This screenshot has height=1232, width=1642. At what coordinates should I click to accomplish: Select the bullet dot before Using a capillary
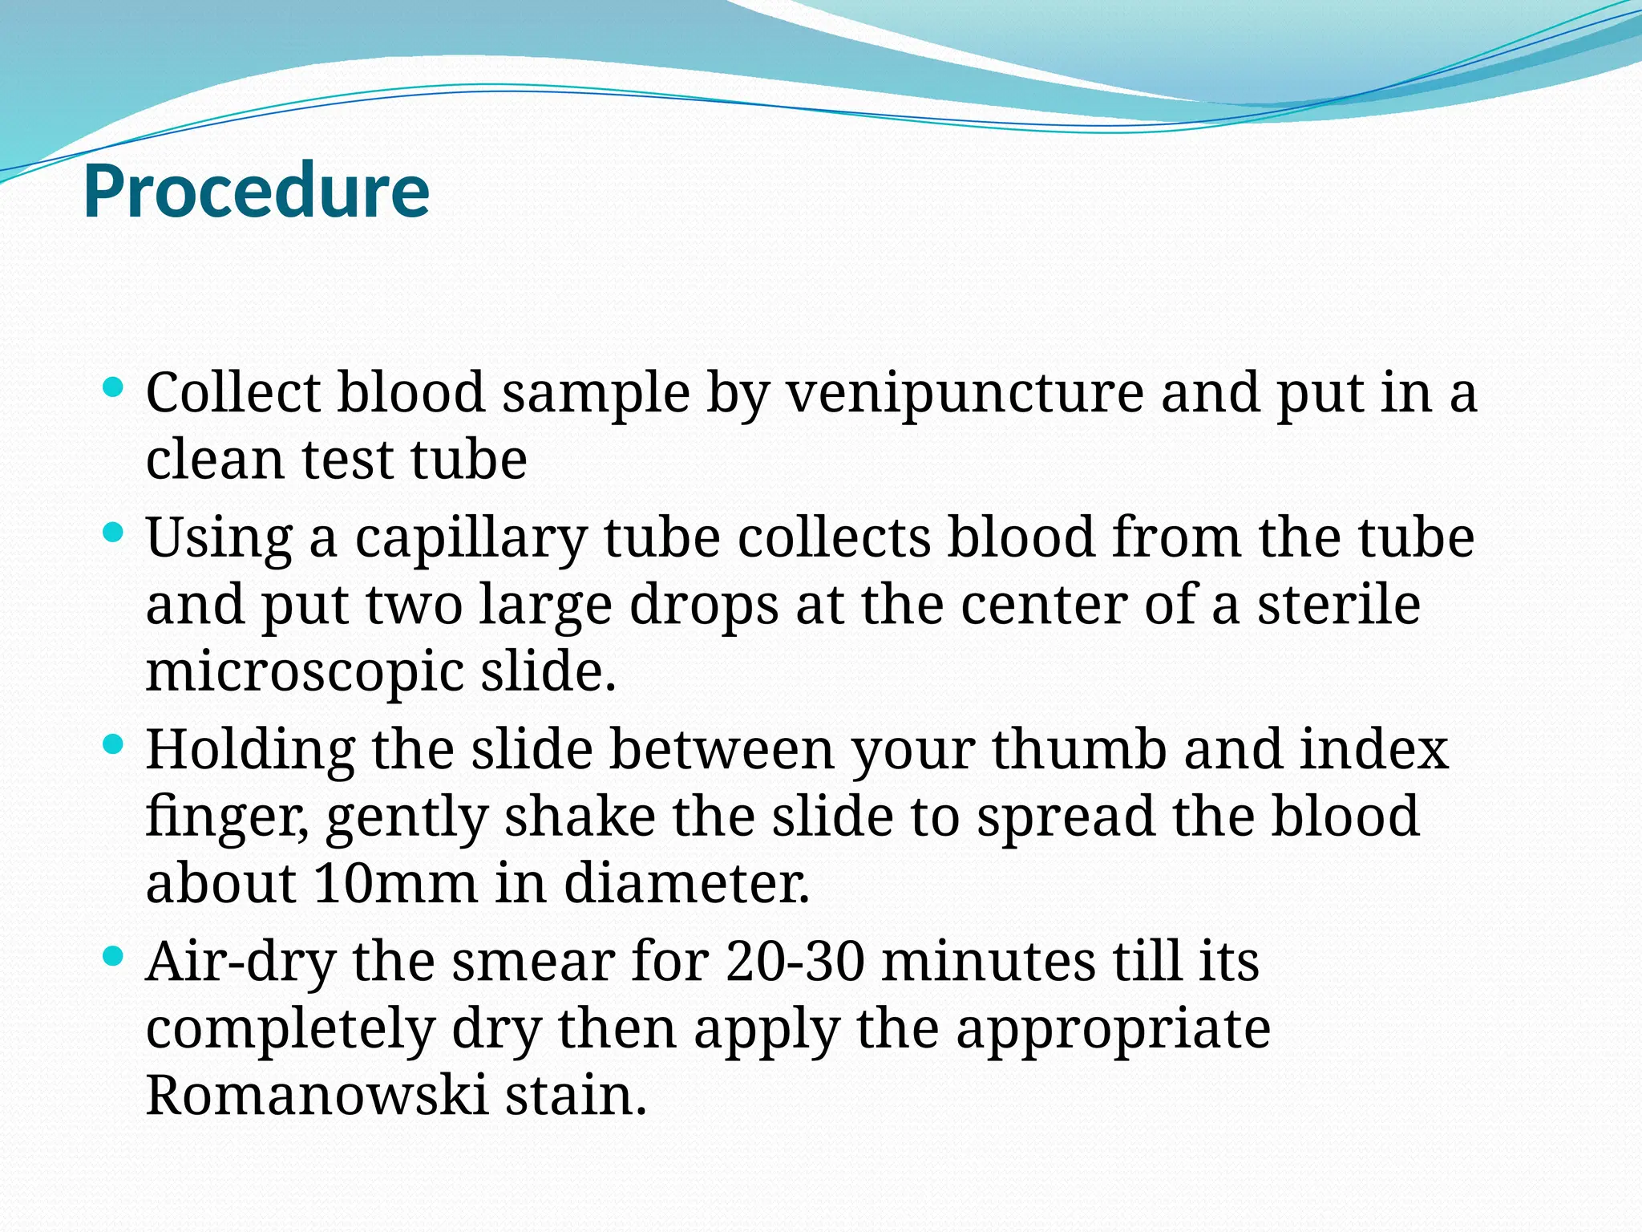point(114,533)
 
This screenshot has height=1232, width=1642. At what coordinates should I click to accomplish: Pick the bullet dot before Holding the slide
point(114,745)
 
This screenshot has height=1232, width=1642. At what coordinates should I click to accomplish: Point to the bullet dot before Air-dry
point(114,956)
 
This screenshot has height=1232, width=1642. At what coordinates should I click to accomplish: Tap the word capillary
point(471,540)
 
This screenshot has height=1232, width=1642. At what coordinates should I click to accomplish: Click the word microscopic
point(304,672)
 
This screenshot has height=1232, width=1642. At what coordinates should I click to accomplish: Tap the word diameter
point(686,883)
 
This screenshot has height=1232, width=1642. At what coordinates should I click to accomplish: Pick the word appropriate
point(1113,1031)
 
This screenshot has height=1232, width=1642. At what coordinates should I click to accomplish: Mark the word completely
point(289,1031)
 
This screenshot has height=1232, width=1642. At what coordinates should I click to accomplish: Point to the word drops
point(703,607)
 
